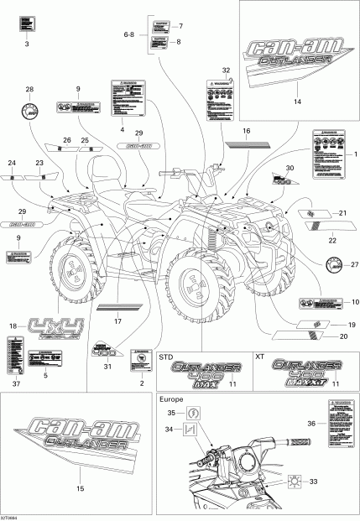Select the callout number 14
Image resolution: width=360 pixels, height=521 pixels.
tap(296, 102)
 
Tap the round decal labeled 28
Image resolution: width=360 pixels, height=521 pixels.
tap(30, 111)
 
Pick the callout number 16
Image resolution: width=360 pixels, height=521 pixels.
tap(247, 132)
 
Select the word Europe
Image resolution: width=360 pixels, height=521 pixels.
tap(173, 400)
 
